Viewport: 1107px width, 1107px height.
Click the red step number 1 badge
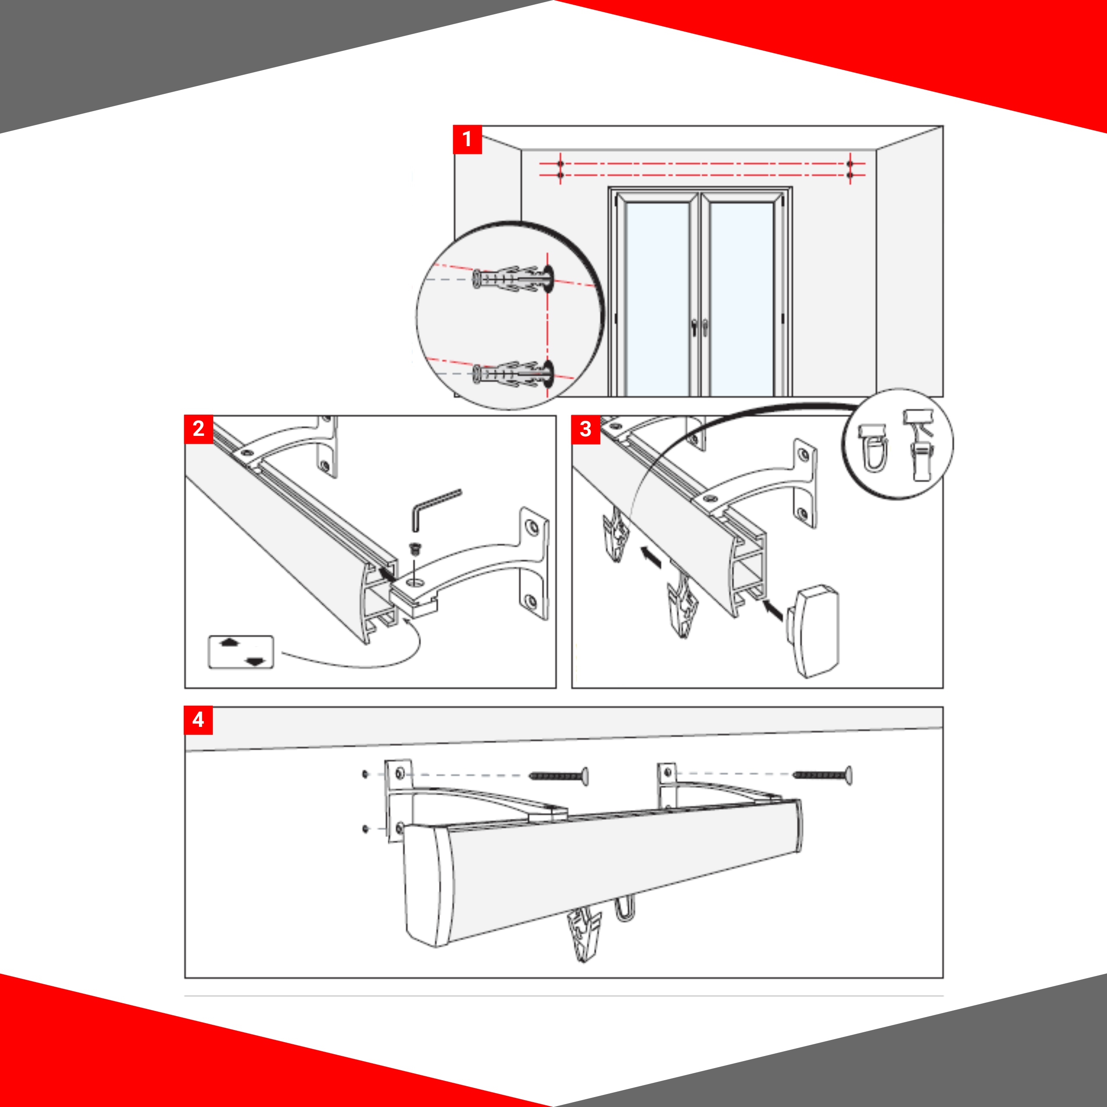(x=467, y=139)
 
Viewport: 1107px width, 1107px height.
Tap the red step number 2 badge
(x=198, y=429)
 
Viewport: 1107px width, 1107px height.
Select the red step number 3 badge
(x=585, y=429)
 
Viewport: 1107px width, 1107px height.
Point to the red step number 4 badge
(x=198, y=720)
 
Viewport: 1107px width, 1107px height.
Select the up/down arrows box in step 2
(x=241, y=652)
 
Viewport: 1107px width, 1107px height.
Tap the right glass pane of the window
(x=742, y=298)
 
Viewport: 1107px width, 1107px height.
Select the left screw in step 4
(x=558, y=776)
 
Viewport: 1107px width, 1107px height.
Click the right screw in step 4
(x=822, y=774)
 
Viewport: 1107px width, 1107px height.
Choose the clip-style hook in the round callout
(x=918, y=444)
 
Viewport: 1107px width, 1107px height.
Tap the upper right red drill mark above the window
(x=850, y=164)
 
